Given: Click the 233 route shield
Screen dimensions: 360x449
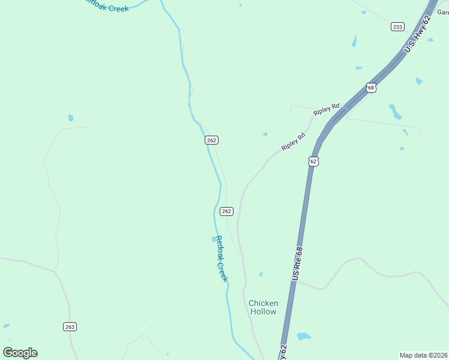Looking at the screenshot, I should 397,26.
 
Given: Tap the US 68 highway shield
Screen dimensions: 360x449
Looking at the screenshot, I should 371,88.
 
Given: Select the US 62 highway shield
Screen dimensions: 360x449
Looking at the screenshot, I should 313,161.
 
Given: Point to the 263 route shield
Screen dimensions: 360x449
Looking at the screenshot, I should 70,326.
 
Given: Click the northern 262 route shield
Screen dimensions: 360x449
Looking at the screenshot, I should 211,140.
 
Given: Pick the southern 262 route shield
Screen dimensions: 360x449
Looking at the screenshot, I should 226,211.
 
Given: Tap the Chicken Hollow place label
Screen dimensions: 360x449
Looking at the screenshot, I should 263,307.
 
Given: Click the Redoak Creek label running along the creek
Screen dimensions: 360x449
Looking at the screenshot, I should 221,259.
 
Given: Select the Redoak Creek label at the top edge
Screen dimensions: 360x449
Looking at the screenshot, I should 106,5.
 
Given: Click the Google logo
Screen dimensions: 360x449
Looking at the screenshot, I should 20,352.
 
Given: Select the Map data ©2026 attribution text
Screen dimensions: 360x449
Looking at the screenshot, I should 423,355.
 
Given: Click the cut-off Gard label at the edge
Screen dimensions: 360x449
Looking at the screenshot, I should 443,11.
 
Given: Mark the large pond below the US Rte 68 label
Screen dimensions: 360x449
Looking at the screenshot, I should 304,337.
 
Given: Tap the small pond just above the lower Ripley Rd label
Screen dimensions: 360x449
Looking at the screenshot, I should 265,134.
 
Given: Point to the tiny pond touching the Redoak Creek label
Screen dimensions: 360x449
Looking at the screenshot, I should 214,239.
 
